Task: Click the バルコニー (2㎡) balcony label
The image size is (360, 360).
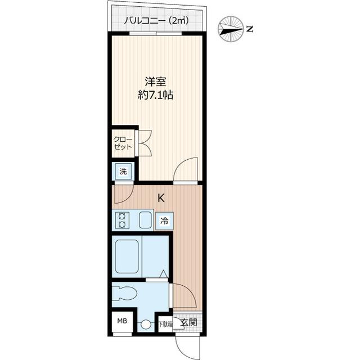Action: [x=156, y=21]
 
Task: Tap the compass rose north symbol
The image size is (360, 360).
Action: [x=231, y=30]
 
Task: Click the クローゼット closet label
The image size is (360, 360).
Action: [x=123, y=143]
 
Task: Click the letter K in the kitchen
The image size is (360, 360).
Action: [x=161, y=198]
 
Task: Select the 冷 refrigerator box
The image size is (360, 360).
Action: [x=164, y=221]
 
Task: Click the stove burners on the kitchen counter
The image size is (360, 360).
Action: [x=121, y=220]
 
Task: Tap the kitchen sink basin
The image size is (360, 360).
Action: [x=145, y=220]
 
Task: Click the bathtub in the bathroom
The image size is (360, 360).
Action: [x=128, y=255]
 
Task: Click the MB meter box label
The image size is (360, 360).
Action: [x=122, y=322]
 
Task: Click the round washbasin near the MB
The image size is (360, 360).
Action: [x=146, y=325]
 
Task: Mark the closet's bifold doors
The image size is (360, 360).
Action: [x=144, y=142]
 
